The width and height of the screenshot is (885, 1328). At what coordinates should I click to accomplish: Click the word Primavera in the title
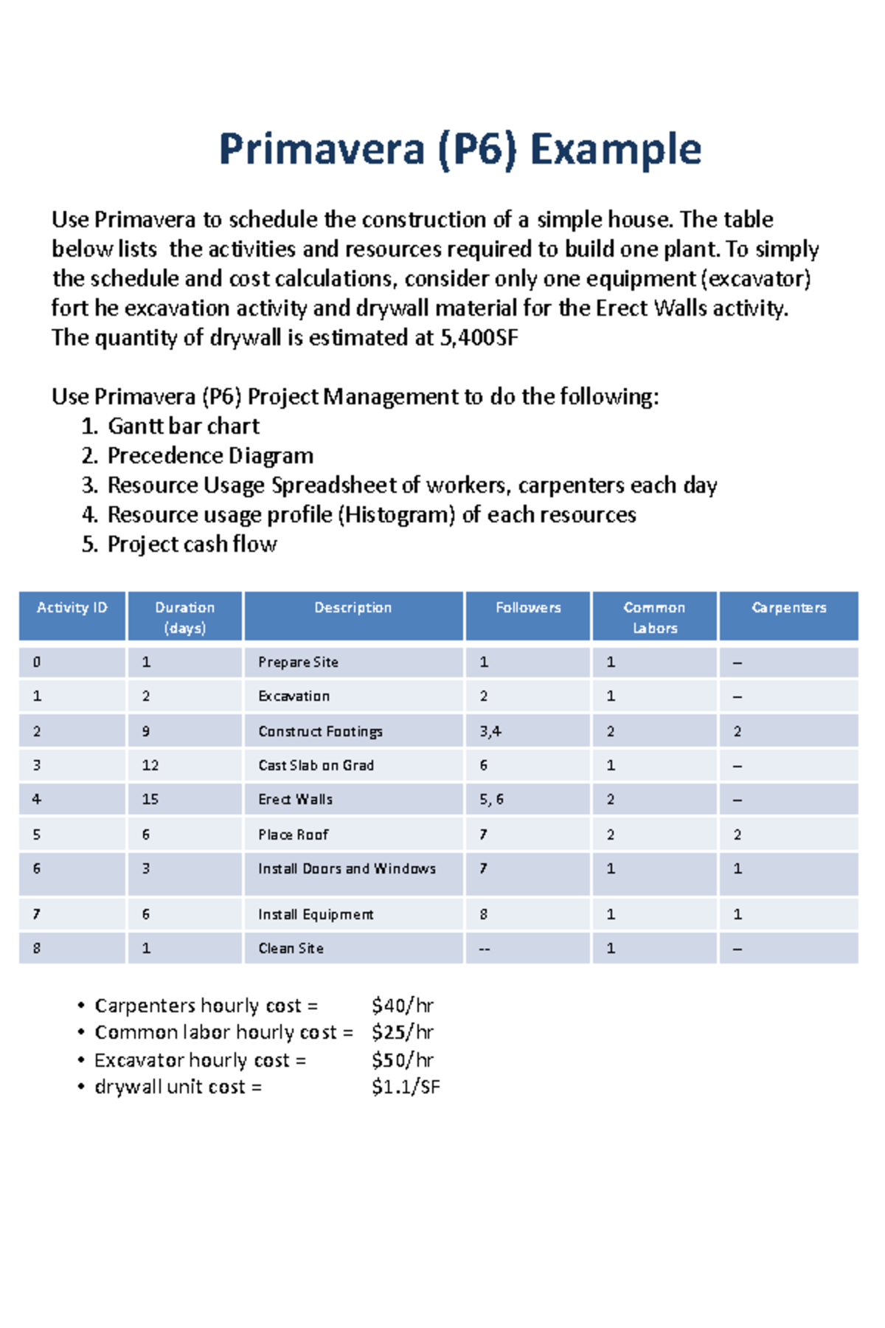(322, 149)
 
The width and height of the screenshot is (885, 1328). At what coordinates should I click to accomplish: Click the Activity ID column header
(72, 607)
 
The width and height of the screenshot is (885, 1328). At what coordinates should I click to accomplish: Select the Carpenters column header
(788, 607)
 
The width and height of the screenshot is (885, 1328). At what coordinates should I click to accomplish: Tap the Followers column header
(527, 607)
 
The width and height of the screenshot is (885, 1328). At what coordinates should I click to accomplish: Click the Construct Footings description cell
(320, 731)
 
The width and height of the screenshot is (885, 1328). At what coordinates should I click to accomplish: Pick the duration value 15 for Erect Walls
(150, 799)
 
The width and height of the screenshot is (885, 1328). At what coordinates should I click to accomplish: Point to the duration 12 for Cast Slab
(150, 765)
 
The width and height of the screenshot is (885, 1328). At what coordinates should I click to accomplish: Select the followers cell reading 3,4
(490, 731)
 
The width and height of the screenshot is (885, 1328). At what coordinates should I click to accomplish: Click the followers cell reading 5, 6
(491, 799)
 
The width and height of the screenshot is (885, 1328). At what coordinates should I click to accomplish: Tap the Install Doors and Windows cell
(347, 868)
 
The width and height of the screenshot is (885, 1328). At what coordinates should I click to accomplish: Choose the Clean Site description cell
(291, 948)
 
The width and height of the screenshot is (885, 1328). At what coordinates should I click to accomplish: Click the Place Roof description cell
(293, 834)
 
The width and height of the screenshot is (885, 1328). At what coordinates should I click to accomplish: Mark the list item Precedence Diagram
(210, 455)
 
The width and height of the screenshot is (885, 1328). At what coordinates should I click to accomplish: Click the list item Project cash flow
(192, 544)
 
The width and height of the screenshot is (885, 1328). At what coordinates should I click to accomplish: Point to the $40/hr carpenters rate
(402, 1005)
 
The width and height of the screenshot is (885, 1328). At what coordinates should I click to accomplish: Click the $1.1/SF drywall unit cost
(405, 1086)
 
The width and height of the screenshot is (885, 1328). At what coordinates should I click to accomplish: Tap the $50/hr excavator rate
(402, 1059)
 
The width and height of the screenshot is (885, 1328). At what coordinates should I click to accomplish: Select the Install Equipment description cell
(316, 914)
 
